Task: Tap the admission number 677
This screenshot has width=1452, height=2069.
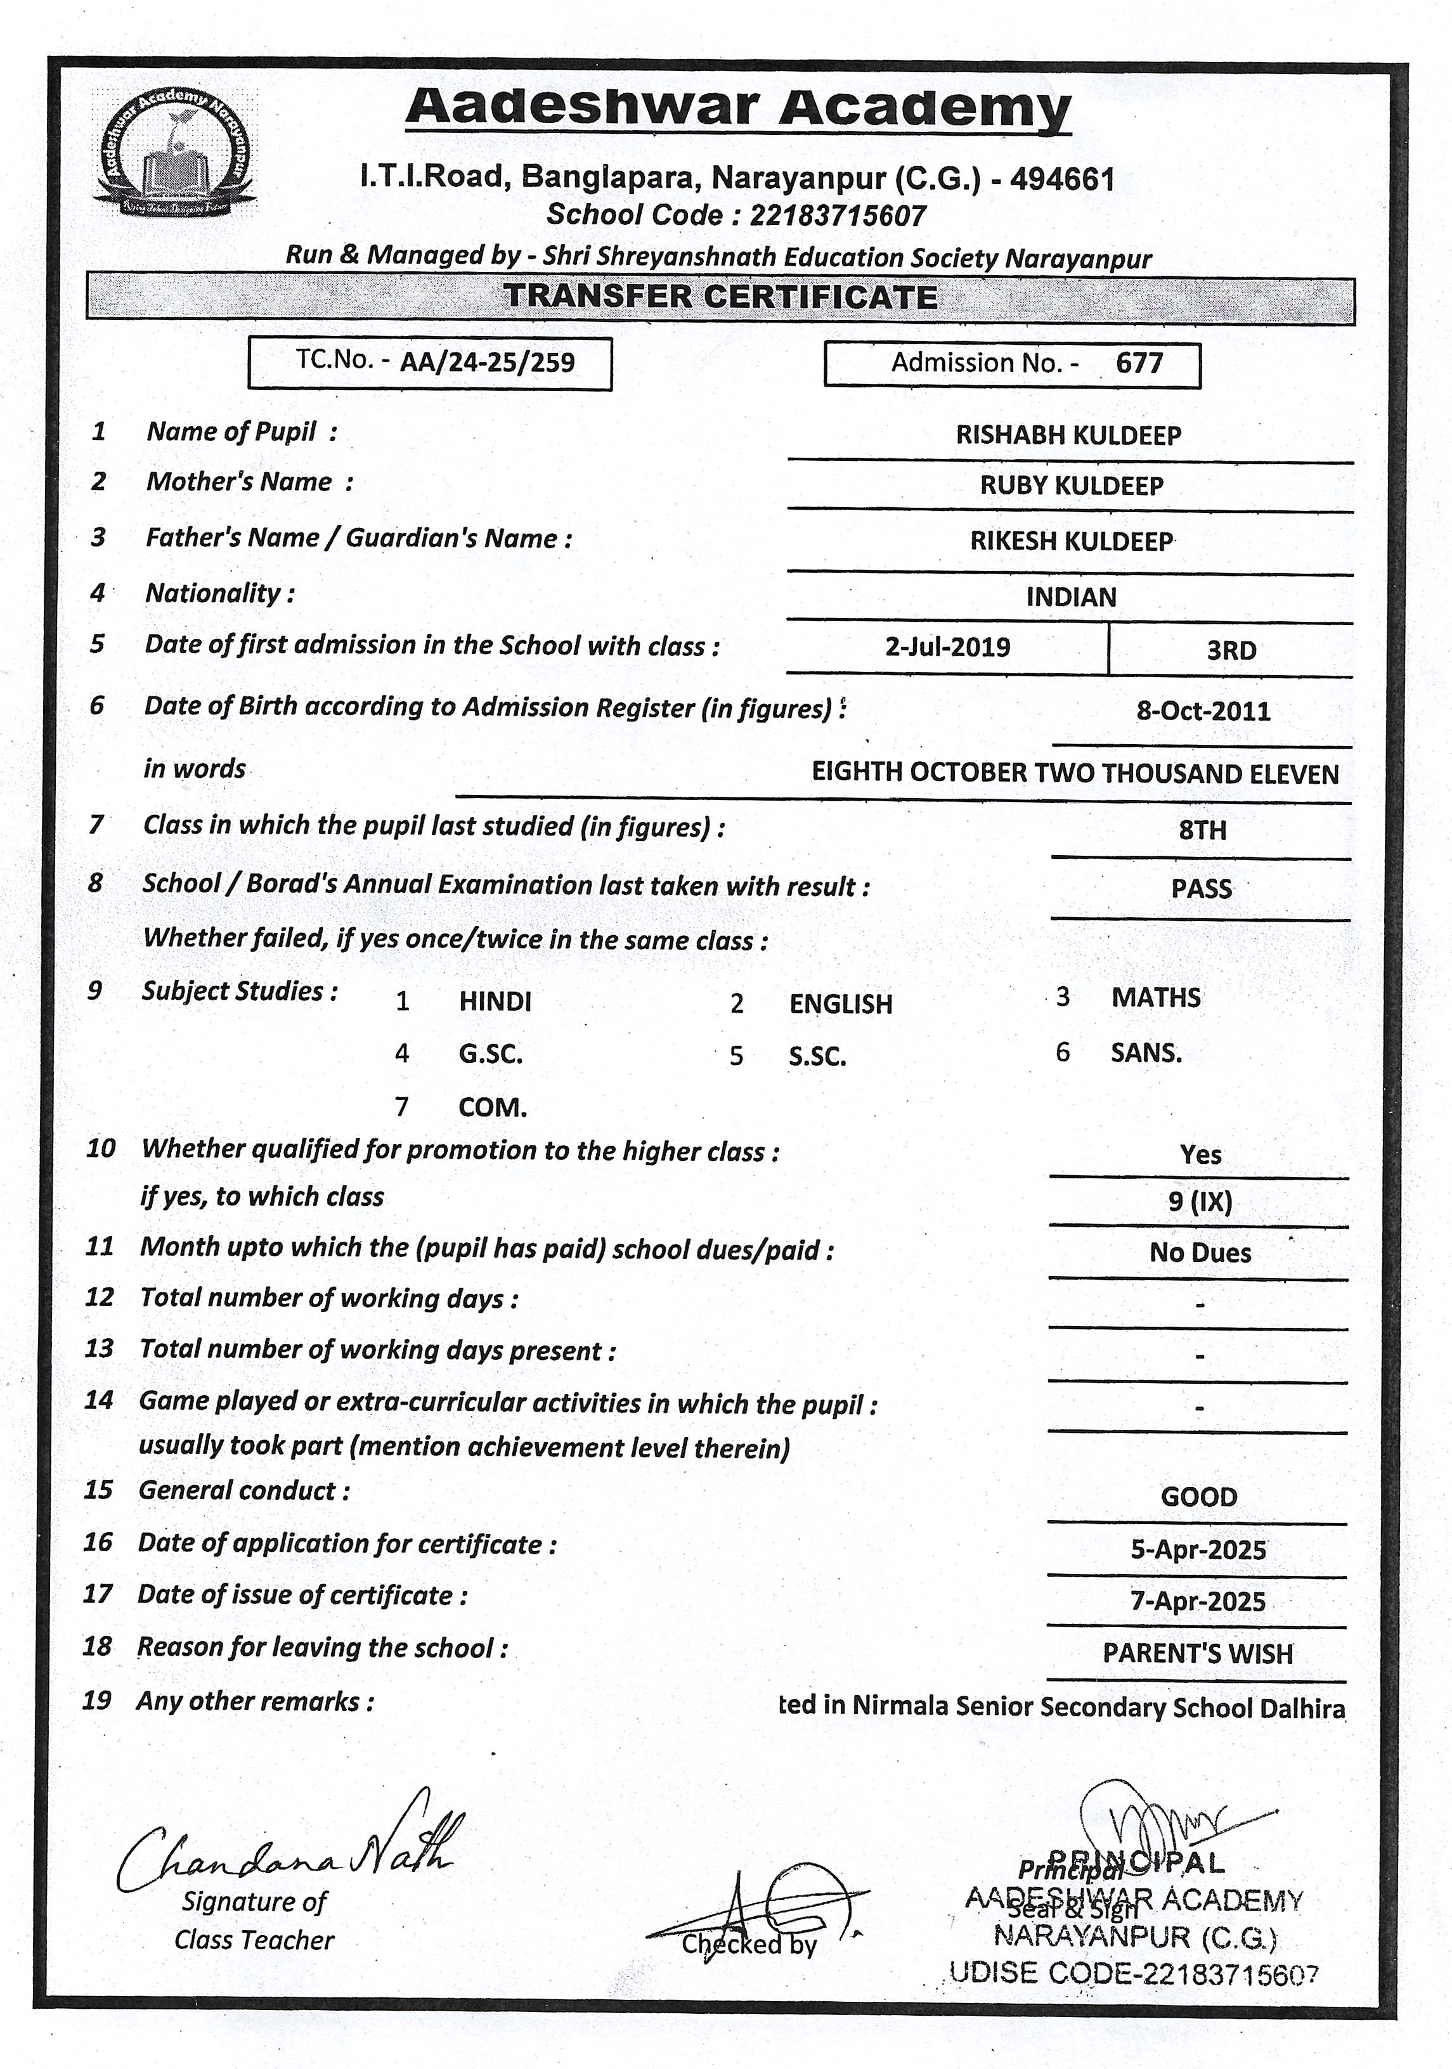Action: coord(1139,363)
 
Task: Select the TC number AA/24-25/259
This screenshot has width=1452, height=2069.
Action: coord(487,362)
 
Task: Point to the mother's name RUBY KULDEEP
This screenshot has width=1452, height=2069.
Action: coord(1071,486)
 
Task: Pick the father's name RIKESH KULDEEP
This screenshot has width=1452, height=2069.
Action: coord(1071,541)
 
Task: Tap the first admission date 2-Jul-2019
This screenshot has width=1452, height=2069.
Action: coord(947,647)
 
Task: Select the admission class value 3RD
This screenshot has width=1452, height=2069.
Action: coord(1231,650)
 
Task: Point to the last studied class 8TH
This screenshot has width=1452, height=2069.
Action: coord(1202,830)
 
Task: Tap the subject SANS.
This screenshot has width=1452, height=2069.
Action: coord(1146,1052)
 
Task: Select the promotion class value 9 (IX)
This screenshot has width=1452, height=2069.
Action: coord(1200,1201)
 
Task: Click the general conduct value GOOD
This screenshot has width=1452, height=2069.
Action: coord(1199,1497)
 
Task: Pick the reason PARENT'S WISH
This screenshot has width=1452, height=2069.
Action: coord(1198,1654)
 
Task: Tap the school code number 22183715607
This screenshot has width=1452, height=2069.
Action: coord(838,216)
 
